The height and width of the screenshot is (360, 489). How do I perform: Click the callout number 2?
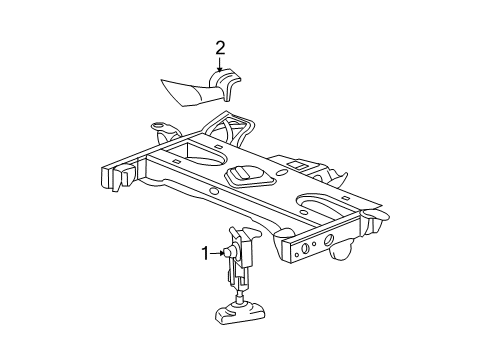click(x=220, y=49)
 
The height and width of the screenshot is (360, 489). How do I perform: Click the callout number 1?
click(x=205, y=254)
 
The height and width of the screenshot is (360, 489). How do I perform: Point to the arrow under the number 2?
click(x=220, y=64)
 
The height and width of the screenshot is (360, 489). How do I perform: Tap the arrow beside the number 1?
click(x=217, y=254)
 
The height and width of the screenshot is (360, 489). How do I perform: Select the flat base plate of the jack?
click(x=240, y=313)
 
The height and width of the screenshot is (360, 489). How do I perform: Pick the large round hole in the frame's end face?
click(x=329, y=240)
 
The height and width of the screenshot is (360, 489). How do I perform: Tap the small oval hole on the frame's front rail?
click(x=214, y=192)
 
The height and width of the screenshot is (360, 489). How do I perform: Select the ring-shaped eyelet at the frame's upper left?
click(x=158, y=126)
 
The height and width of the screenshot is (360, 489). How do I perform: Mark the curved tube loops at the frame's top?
click(x=230, y=126)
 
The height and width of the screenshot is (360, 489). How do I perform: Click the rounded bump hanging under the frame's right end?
click(x=341, y=251)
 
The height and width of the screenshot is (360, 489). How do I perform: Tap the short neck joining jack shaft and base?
click(x=239, y=296)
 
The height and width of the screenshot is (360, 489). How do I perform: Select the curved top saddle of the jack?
click(x=245, y=233)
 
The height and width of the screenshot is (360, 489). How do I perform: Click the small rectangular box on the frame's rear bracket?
click(x=296, y=165)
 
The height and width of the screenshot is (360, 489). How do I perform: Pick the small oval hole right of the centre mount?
click(x=282, y=173)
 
